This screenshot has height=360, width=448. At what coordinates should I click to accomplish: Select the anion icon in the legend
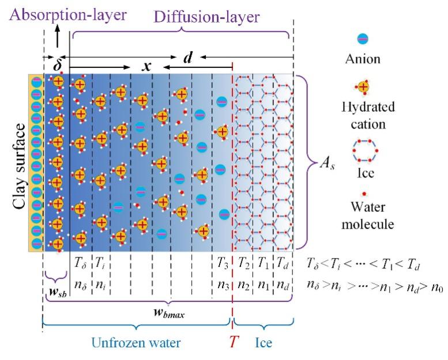[363, 39]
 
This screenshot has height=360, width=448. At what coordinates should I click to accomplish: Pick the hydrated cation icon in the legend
[363, 87]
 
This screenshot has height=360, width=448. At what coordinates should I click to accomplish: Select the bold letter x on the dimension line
[147, 67]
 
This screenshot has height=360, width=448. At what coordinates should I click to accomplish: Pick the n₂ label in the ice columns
[242, 283]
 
